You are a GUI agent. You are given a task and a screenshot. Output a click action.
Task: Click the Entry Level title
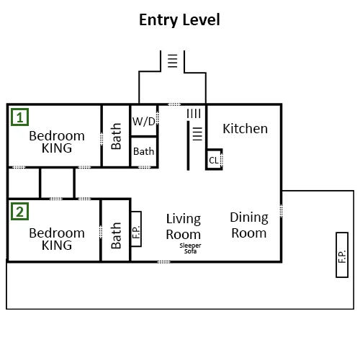pos(179,19)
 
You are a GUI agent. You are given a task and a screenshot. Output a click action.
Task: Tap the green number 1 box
pos(20,117)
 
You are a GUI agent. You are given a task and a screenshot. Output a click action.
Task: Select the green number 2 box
pos(20,212)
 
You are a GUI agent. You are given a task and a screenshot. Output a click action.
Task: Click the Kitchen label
pos(245,129)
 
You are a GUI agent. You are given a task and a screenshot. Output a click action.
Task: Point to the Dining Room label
pos(249,225)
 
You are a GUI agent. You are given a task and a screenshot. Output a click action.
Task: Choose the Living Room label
pos(184,227)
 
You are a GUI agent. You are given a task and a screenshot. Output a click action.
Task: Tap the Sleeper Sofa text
pos(190,248)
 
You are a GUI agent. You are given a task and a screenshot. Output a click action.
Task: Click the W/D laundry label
pos(144,122)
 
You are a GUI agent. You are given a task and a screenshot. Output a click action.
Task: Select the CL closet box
pos(214,160)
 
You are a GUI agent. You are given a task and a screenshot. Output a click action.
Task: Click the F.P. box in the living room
pos(136,229)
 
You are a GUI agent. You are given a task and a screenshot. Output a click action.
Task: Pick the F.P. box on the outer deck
pos(342,255)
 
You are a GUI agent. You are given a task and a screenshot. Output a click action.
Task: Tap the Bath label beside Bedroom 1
pos(116,136)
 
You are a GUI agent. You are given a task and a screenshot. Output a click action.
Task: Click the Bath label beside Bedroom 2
pos(116,235)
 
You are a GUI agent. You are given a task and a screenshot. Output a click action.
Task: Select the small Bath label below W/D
pos(143,151)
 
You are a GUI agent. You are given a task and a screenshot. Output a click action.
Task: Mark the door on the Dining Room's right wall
pos(281,211)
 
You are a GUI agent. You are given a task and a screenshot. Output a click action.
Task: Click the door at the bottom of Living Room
pos(163,262)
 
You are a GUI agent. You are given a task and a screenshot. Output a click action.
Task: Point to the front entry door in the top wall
pos(174,104)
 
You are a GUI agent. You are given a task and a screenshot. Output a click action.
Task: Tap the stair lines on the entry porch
pos(173,61)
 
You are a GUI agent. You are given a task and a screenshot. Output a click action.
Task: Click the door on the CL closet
pos(222,159)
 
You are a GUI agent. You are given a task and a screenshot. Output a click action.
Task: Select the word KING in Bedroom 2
pos(57,246)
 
